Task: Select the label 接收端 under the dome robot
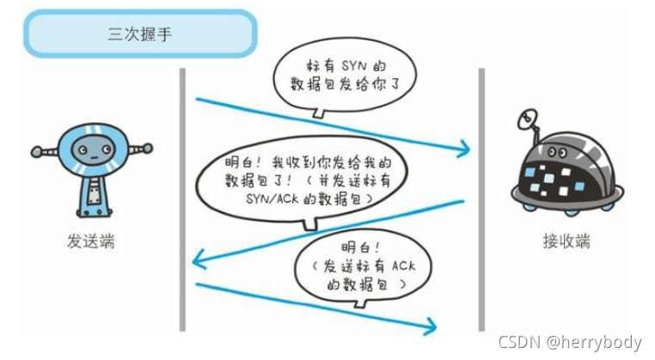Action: [566, 241]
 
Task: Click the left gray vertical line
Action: [182, 198]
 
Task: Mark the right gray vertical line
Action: [481, 198]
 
